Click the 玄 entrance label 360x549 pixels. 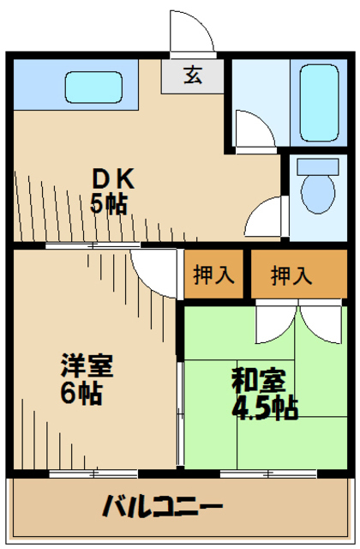tap(193, 75)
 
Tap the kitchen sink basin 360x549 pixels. tap(93, 87)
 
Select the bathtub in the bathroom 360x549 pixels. tap(319, 103)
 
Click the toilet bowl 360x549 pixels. tap(318, 195)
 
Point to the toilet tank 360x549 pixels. tap(318, 167)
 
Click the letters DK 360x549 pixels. tap(113, 179)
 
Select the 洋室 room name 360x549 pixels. tap(87, 365)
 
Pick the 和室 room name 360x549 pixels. tap(259, 380)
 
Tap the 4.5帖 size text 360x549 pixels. tap(266, 408)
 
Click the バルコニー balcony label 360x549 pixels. tap(162, 506)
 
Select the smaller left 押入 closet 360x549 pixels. tap(213, 274)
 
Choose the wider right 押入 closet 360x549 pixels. tap(299, 274)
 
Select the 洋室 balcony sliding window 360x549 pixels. tap(93, 474)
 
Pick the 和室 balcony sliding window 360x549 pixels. tap(268, 474)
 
